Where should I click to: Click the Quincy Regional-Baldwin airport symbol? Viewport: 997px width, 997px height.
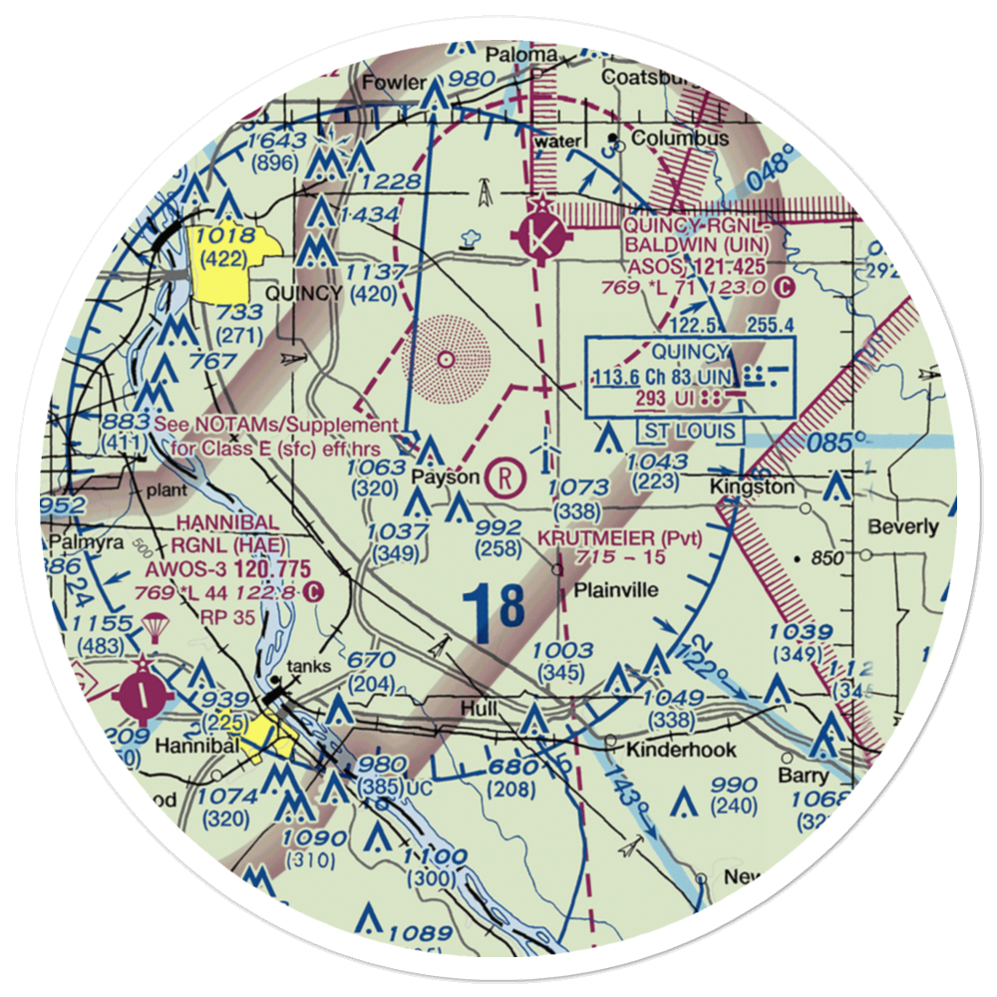[x=540, y=237]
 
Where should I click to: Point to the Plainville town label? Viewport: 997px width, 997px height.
[x=615, y=589]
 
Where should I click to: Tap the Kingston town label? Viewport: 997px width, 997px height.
[x=752, y=487]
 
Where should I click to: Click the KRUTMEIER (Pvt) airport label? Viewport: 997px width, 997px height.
[x=620, y=538]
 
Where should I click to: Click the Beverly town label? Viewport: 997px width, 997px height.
[x=903, y=526]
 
